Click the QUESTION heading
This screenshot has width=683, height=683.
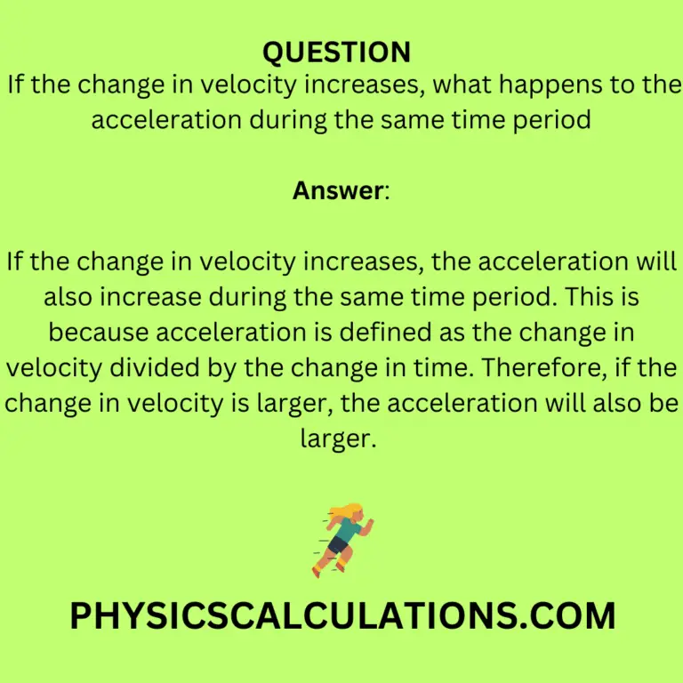tap(336, 52)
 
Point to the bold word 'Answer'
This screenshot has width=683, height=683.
tap(339, 190)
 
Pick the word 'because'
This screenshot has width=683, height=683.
tap(99, 332)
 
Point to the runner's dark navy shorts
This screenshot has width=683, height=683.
tap(336, 544)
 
